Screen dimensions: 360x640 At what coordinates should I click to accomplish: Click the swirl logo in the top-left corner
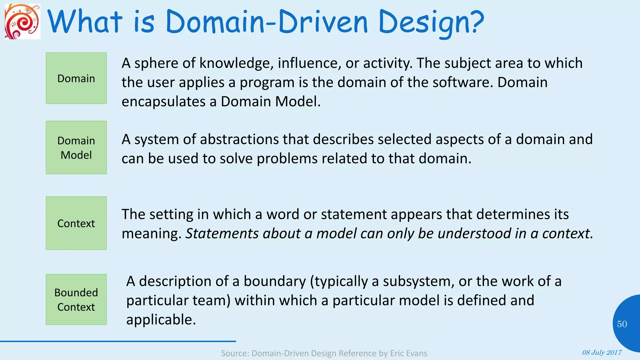[x=22, y=21]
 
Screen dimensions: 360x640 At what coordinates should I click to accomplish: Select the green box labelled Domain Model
[x=76, y=147]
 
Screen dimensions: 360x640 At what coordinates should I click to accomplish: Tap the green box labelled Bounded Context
[x=76, y=299]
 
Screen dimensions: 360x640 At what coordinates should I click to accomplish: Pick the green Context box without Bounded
[x=76, y=223]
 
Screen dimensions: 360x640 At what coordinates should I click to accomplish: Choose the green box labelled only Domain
[x=76, y=78]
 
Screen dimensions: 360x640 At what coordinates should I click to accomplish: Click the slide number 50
[x=622, y=324]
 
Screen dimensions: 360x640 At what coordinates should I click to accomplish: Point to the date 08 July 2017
[x=602, y=352]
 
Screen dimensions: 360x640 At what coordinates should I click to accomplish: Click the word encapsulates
[x=163, y=102]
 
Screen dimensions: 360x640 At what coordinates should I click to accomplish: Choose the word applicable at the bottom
[x=161, y=320]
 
